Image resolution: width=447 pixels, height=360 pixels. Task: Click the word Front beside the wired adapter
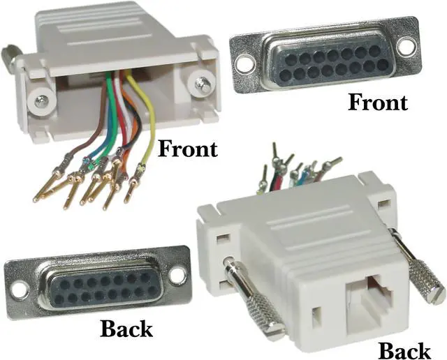(188, 149)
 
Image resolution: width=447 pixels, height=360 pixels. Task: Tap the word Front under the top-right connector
(378, 102)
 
